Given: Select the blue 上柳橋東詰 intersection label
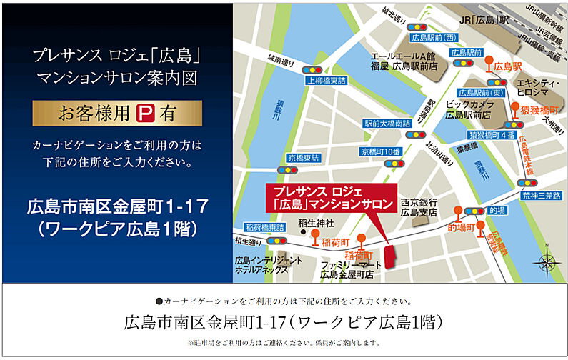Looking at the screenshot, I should point(325,81).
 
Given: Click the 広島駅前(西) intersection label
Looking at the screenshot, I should point(434,38).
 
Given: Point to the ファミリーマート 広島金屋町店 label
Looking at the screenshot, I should point(347,269).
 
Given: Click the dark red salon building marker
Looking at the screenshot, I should point(390,256).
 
